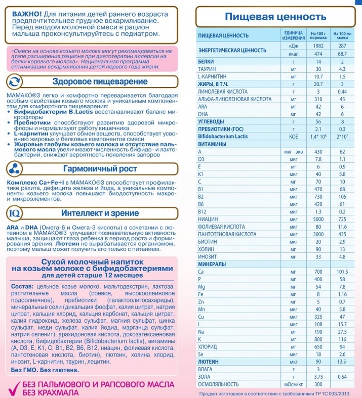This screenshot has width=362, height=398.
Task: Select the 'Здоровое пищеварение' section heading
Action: pos(100,82)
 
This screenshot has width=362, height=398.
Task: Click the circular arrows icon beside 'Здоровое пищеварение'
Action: pos(14,82)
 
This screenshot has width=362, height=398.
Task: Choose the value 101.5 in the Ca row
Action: pos(342,272)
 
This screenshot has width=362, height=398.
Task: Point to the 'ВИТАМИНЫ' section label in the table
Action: pos(212,144)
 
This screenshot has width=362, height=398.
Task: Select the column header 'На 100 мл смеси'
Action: pos(342,35)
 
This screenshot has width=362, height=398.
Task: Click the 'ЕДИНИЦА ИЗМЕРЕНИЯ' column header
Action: pos(294,35)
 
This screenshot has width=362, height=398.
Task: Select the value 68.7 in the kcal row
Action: pos(342,54)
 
